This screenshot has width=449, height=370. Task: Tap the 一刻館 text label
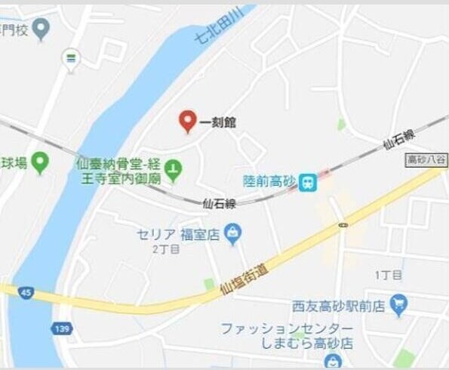point(217,122)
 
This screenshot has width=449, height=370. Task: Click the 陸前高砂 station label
point(268,182)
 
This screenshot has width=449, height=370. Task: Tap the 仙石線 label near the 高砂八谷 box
point(398,140)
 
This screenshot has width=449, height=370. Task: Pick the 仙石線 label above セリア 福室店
point(220,202)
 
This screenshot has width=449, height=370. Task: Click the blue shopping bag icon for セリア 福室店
point(233,233)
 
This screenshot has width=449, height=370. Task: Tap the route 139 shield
point(62,328)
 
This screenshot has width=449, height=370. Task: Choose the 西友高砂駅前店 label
point(339,306)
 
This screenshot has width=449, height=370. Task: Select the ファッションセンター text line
point(287,329)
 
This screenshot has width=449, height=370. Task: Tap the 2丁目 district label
point(165,248)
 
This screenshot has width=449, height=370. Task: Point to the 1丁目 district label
point(388,275)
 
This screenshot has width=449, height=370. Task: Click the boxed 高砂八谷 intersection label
point(426,159)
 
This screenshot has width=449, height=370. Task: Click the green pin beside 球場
point(39,162)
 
